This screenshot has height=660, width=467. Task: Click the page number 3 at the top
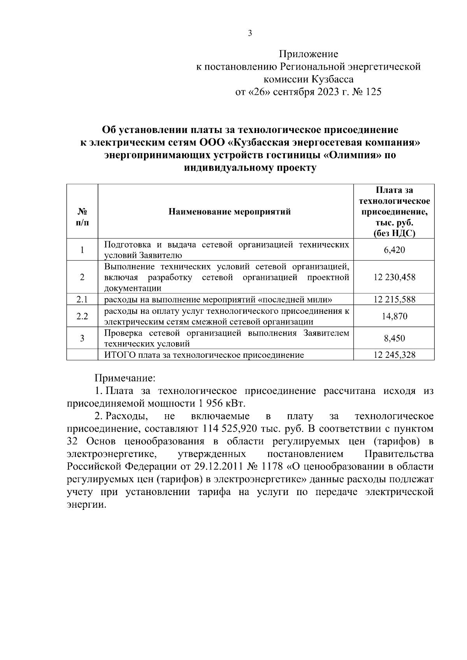tap(250, 33)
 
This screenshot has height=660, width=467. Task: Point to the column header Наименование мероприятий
tap(230, 212)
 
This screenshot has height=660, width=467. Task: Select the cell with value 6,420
tap(394, 250)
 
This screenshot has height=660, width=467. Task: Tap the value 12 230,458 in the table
tap(394, 277)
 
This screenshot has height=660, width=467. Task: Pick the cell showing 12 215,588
tap(394, 299)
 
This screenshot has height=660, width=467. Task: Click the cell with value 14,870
tap(394, 316)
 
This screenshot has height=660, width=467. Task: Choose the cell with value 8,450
tap(394, 338)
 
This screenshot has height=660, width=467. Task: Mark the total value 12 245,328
tap(394, 355)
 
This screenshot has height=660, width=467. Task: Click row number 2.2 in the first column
tap(82, 316)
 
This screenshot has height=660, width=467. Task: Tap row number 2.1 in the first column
tap(82, 299)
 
